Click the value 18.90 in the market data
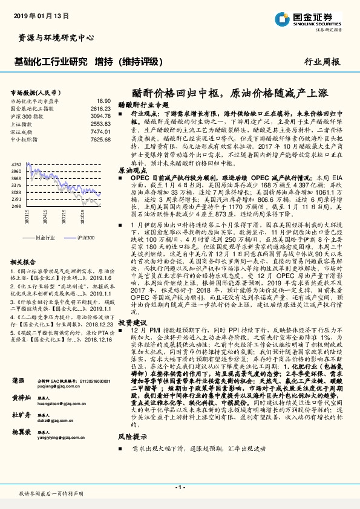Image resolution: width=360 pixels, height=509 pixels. [103, 100]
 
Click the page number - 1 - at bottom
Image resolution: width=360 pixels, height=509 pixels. [180, 487]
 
